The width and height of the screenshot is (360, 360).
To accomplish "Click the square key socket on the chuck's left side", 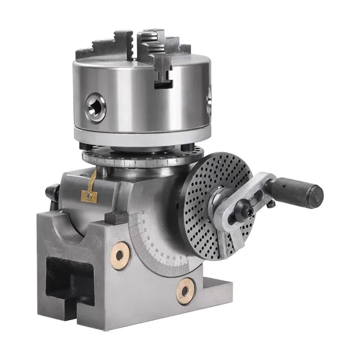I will pyautogui.click(x=95, y=107).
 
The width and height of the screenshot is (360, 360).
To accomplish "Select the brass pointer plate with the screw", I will pyautogui.click(x=90, y=189).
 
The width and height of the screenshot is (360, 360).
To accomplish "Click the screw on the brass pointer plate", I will pyautogui.click(x=90, y=196).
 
